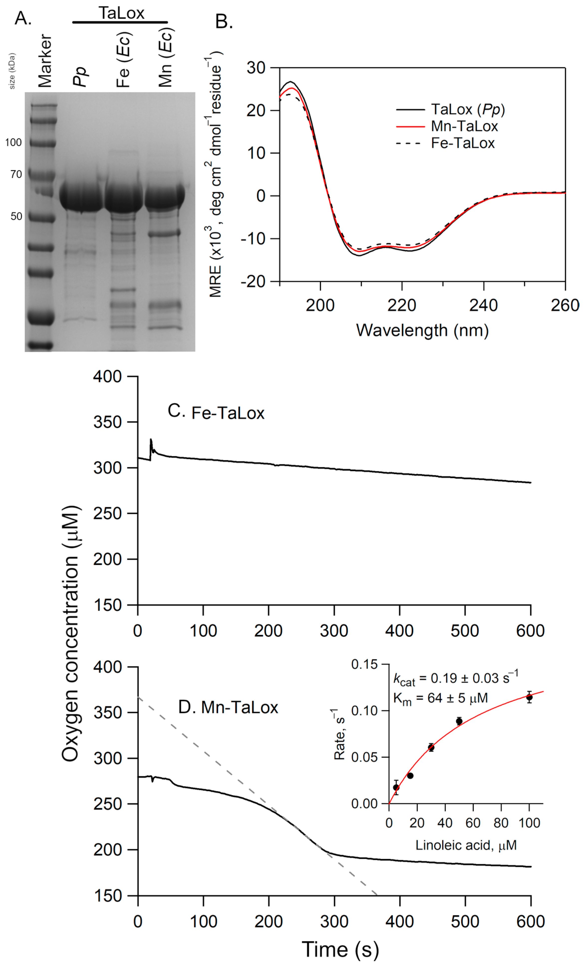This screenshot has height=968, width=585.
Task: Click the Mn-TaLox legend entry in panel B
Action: click(464, 126)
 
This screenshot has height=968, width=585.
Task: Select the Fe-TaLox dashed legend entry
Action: click(462, 143)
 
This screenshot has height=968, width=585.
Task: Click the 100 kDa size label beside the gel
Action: click(13, 142)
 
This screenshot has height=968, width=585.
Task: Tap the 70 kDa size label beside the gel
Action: click(16, 174)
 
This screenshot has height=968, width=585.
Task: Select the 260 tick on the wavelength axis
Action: click(565, 305)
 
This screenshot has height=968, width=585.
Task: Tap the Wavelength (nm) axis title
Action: click(422, 330)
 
